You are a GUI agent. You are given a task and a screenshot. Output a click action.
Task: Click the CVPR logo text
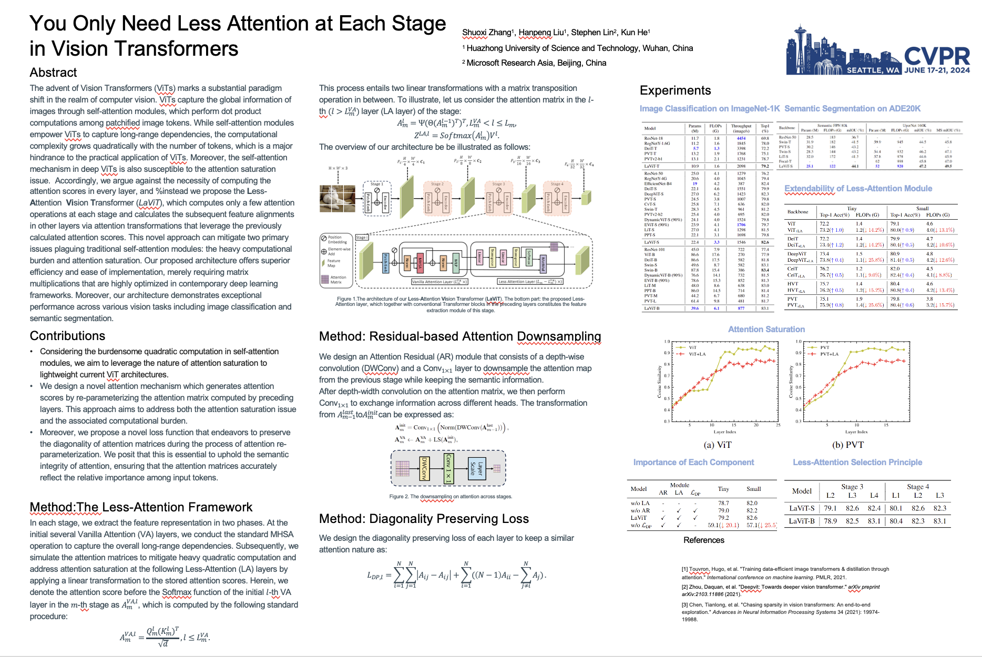pyautogui.click(x=937, y=56)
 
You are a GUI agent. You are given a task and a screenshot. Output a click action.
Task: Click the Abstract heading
pyautogui.click(x=53, y=73)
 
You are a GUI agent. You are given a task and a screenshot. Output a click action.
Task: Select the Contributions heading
pyautogui.click(x=67, y=336)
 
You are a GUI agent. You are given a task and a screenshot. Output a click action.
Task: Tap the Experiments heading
pyautogui.click(x=675, y=90)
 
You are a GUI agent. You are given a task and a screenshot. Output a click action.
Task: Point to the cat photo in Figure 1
pyautogui.click(x=337, y=199)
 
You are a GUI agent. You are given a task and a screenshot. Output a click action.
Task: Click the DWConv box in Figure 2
pyautogui.click(x=424, y=468)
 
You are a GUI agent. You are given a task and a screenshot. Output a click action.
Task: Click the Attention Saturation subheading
pyautogui.click(x=766, y=330)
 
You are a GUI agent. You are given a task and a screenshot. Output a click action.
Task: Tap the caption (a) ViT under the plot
pyautogui.click(x=717, y=445)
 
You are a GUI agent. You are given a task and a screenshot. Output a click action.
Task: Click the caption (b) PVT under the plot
pyautogui.click(x=847, y=445)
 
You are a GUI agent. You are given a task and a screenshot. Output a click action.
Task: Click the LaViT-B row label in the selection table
pyautogui.click(x=801, y=521)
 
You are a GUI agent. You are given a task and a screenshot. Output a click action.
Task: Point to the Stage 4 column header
pyautogui.click(x=918, y=487)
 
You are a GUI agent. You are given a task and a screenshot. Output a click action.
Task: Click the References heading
pyautogui.click(x=703, y=540)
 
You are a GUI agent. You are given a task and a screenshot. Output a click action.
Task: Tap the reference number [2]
pyautogui.click(x=686, y=587)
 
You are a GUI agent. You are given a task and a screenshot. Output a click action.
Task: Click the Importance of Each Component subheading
pyautogui.click(x=693, y=463)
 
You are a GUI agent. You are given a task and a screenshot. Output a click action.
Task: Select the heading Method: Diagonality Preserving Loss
pyautogui.click(x=424, y=519)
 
